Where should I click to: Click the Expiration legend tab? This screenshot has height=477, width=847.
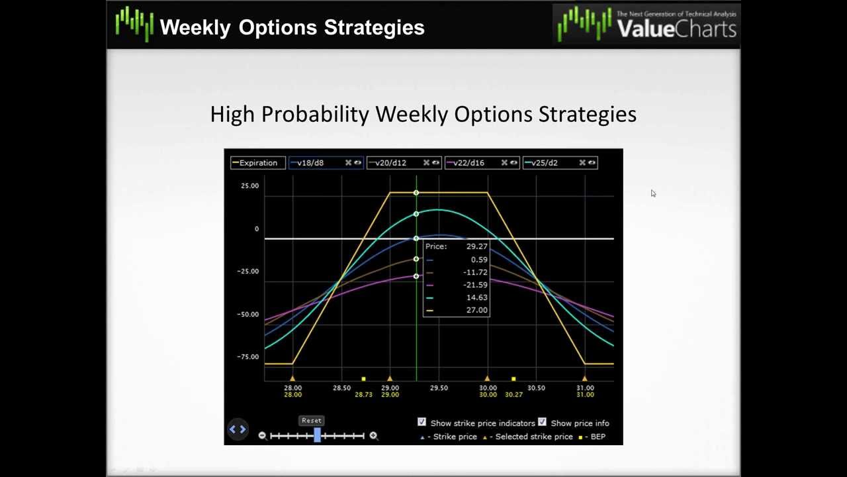point(258,163)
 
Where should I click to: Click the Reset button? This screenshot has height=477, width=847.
point(311,420)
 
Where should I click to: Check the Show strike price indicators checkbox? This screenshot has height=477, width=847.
point(422,422)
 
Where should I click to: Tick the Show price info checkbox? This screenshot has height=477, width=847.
point(542,422)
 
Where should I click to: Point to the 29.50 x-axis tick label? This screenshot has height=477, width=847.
point(439,388)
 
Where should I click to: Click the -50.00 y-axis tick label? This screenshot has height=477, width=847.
point(248,315)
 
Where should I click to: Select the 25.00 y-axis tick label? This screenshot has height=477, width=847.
point(249,186)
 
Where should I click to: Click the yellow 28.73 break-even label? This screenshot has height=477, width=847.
point(363,395)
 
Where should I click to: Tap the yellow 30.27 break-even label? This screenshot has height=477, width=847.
point(513,395)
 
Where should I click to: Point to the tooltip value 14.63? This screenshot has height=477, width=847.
point(476,297)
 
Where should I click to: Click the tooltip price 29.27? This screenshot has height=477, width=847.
point(476,246)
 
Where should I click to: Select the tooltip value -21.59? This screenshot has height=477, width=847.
point(475,285)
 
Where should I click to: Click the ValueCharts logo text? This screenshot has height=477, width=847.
point(675,28)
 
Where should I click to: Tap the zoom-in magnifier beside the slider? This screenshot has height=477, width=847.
point(373,435)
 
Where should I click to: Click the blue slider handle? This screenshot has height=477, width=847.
point(318,435)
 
